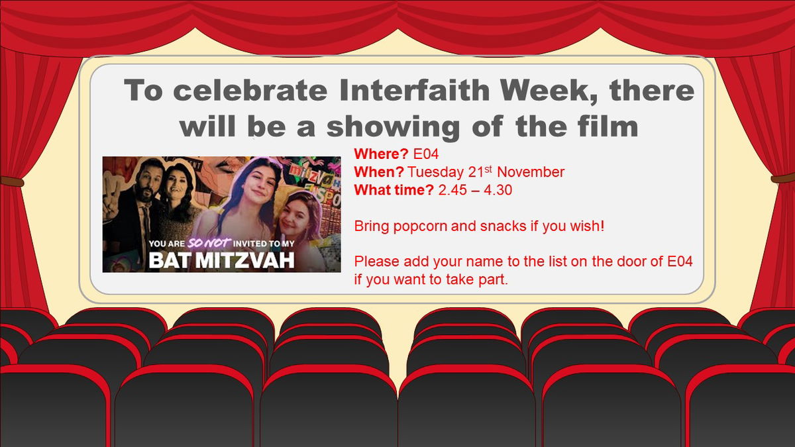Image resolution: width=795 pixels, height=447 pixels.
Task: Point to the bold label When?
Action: click(x=379, y=173)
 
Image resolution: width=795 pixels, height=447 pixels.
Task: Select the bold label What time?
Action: click(x=394, y=191)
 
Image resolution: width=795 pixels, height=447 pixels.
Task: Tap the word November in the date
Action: click(x=531, y=173)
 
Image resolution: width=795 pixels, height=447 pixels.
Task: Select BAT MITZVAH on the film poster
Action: click(x=221, y=259)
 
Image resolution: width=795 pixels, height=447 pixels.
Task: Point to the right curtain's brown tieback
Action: click(x=783, y=178)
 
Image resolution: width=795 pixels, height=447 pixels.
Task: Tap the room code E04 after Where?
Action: click(x=426, y=154)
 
